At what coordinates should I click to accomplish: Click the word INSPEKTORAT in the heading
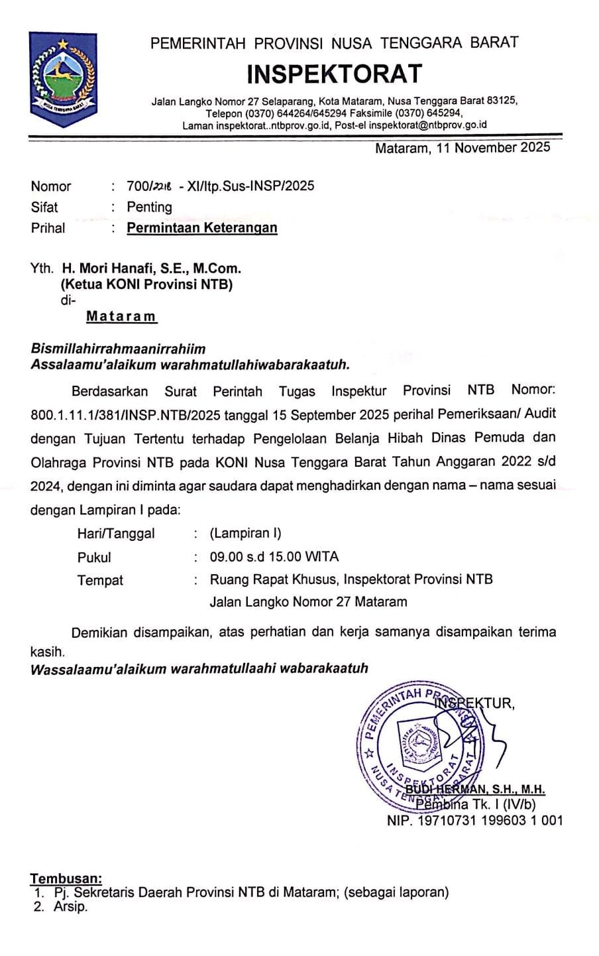coord(334,73)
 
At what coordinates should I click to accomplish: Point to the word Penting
coord(150,207)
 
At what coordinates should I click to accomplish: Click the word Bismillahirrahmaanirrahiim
coord(119,349)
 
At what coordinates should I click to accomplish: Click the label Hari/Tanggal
coord(116,534)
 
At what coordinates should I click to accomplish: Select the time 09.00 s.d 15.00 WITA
coord(274,557)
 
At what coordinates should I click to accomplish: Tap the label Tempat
coord(100,580)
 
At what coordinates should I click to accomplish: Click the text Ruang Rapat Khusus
coord(274,579)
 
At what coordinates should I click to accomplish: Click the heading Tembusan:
coord(66,879)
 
